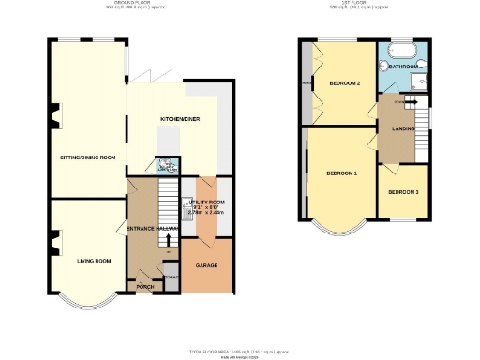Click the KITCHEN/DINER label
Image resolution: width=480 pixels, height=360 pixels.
(177, 119)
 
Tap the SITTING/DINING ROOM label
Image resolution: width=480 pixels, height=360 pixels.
(88, 157)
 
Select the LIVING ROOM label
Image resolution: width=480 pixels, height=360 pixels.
(94, 260)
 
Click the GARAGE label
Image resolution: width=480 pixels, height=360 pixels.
(206, 266)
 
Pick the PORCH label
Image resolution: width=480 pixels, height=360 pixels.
(145, 285)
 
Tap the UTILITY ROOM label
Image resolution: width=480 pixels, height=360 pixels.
(206, 202)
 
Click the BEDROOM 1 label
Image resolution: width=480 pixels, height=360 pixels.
(341, 174)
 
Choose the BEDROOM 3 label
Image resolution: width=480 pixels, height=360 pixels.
(403, 192)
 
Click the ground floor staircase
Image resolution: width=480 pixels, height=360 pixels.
(170, 202)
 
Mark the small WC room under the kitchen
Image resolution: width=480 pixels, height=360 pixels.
(167, 165)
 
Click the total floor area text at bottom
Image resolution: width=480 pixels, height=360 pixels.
(239, 351)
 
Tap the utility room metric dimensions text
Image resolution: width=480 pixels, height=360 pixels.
(207, 213)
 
